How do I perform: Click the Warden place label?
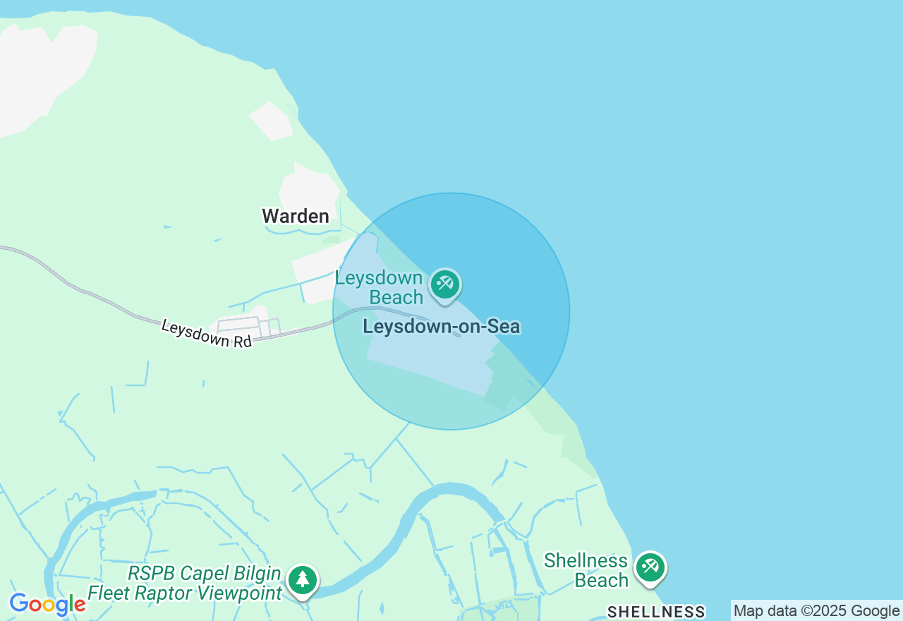(x=296, y=216)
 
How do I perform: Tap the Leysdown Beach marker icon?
(x=444, y=284)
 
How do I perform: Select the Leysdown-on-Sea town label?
(x=441, y=327)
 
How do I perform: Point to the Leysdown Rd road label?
(x=206, y=334)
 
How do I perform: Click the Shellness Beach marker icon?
(x=650, y=567)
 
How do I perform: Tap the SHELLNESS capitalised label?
(x=656, y=612)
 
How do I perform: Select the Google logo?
(x=47, y=604)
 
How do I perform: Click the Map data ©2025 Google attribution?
(x=816, y=611)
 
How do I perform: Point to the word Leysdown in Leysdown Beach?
(x=378, y=278)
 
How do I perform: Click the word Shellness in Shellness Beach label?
(x=586, y=561)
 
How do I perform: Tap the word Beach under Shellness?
(x=601, y=580)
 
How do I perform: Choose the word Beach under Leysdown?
(x=396, y=298)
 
